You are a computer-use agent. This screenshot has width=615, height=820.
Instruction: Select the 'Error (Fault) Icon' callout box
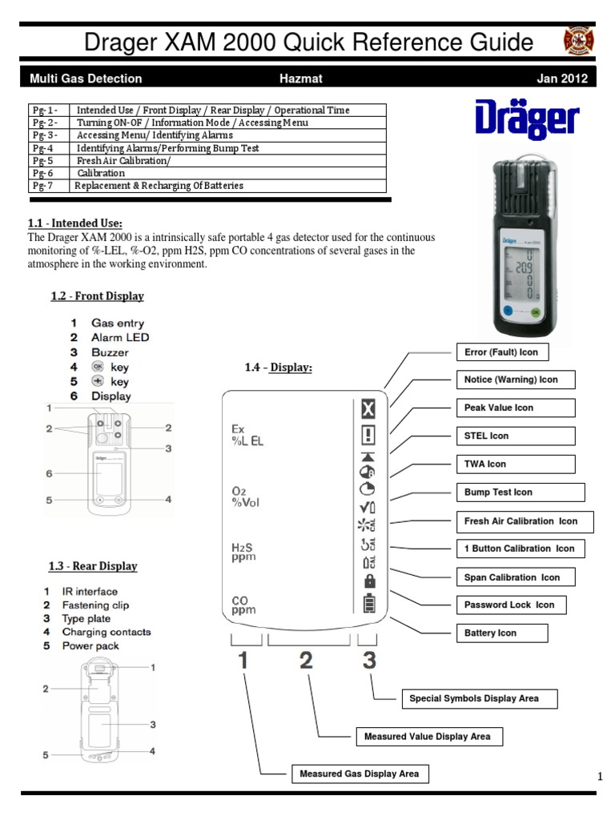click(501, 352)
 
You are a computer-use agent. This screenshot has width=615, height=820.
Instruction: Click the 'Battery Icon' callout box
click(501, 633)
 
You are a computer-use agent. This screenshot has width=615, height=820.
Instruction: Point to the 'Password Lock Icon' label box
click(509, 605)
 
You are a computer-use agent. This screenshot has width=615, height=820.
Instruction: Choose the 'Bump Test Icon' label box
click(520, 492)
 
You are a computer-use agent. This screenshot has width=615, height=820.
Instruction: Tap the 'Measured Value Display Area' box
click(428, 736)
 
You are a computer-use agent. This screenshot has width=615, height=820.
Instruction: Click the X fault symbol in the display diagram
click(368, 411)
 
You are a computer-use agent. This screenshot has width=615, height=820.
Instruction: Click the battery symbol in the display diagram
click(369, 603)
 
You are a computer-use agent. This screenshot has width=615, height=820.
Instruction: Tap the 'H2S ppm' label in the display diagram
click(243, 552)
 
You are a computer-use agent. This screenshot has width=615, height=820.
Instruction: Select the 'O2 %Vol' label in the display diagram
click(245, 496)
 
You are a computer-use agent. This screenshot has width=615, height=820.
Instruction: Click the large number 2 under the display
click(306, 661)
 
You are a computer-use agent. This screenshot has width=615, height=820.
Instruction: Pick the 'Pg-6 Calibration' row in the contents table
click(207, 173)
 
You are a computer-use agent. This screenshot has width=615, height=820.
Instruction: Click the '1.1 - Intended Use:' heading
click(75, 223)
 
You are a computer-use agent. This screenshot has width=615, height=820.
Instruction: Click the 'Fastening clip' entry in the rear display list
click(95, 605)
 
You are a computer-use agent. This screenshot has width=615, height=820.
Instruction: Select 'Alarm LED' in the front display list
click(119, 337)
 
